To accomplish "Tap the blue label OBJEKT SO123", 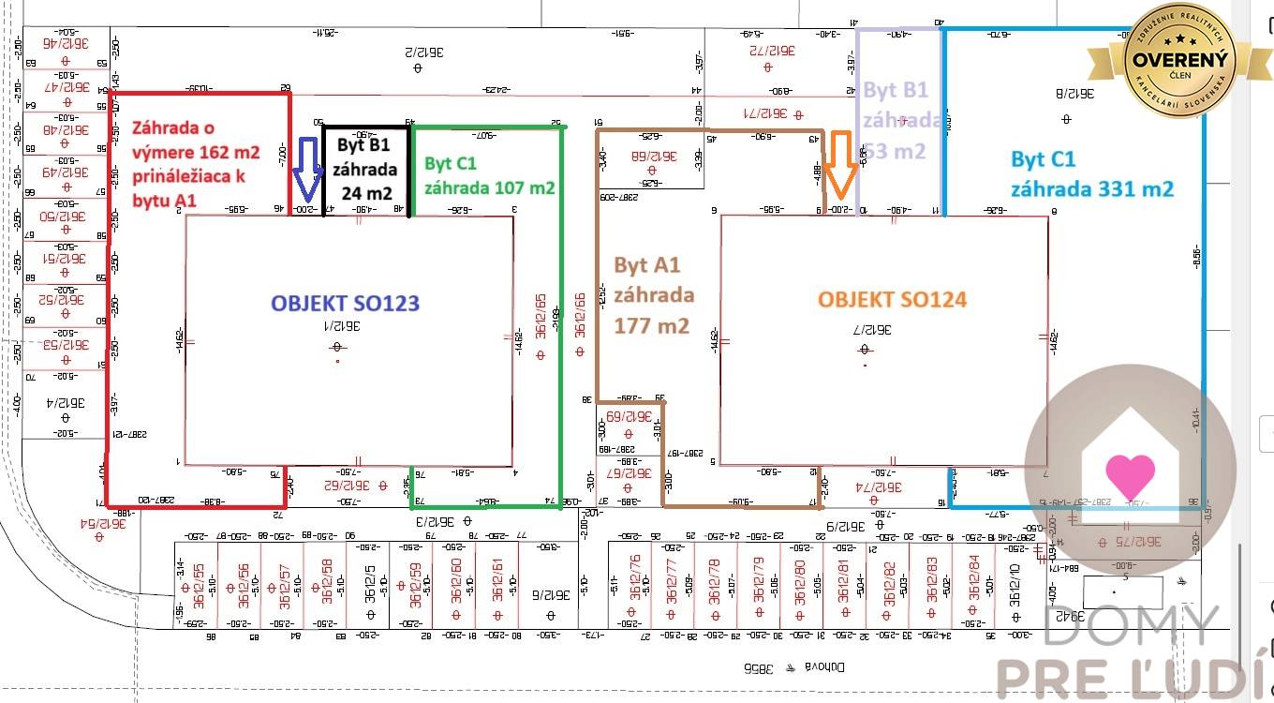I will tap(345, 303).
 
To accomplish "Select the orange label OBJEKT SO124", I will tap(892, 299).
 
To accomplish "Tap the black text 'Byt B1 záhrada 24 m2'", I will tap(365, 170).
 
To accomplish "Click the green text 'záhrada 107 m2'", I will tap(489, 187).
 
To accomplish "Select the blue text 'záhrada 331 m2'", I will tap(1091, 188).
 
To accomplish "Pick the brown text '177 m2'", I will tap(652, 325).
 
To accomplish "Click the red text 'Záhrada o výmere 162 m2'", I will tap(197, 139).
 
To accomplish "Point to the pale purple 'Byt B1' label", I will tap(895, 91).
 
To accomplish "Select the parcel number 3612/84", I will tap(974, 578).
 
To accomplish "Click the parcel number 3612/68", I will tap(651, 157).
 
